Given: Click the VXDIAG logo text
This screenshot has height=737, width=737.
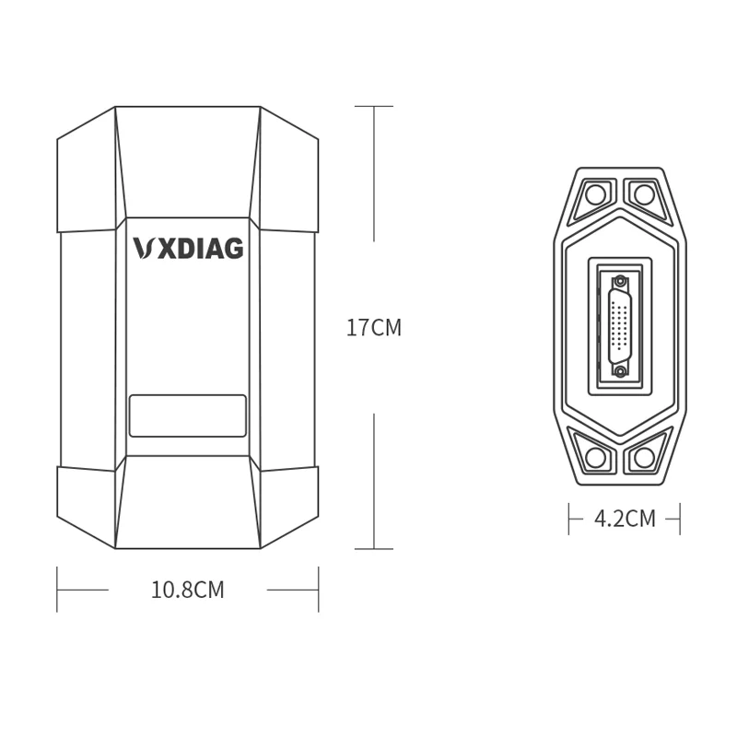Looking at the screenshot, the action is (x=188, y=248).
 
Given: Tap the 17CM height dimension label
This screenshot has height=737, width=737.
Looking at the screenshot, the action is (x=374, y=328).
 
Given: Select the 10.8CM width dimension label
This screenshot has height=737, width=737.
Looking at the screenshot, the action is (x=188, y=590).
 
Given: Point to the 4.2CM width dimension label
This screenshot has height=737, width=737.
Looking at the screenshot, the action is (x=625, y=519).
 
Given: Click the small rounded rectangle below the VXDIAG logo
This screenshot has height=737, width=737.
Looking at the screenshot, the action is (x=188, y=415).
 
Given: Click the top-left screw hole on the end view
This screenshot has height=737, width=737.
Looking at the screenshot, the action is (x=595, y=194).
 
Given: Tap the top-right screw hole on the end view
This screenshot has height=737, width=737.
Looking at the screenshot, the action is (x=644, y=194).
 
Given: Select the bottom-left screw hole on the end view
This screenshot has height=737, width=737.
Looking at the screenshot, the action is (x=595, y=457).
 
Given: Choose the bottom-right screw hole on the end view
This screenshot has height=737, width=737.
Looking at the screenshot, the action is (x=644, y=457).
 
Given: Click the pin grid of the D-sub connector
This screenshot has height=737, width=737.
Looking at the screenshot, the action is (x=620, y=327).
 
